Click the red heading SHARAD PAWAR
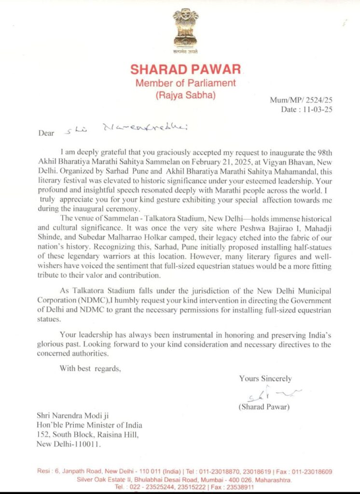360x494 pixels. click(185, 69)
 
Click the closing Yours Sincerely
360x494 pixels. click(265, 379)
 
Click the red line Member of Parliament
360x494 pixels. click(185, 83)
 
